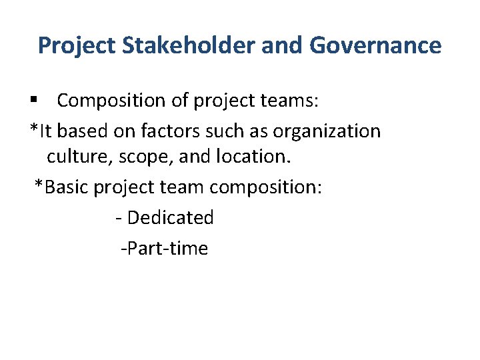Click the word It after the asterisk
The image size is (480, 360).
(45, 131)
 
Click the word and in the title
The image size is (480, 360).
(275, 45)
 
